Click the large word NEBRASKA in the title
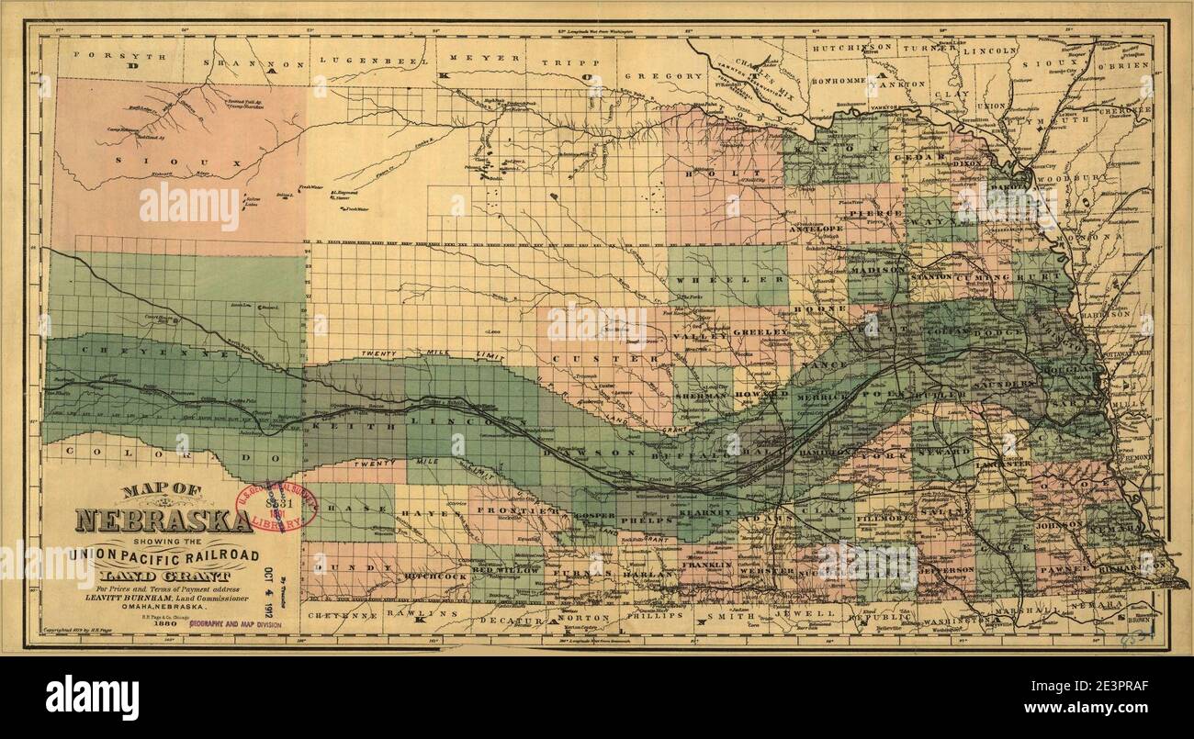(163, 521)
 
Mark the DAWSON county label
(579, 453)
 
